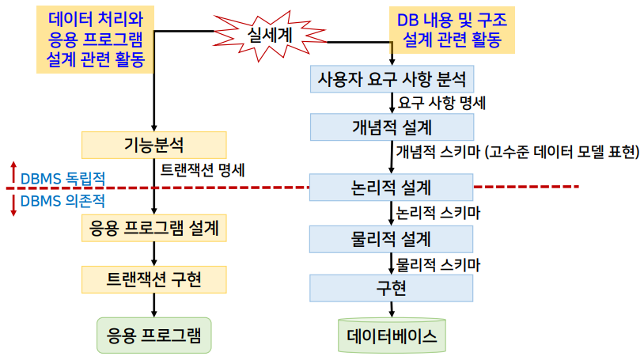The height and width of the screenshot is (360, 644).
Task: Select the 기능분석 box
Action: pyautogui.click(x=154, y=145)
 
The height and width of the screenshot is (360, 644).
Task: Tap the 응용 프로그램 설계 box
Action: pyautogui.click(x=154, y=228)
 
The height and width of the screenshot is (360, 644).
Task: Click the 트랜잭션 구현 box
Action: pyautogui.click(x=154, y=279)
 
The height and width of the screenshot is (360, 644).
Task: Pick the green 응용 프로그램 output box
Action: pyautogui.click(x=153, y=335)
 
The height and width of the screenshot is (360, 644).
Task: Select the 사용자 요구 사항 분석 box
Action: pyautogui.click(x=392, y=79)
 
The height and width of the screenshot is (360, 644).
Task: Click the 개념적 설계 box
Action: pyautogui.click(x=392, y=127)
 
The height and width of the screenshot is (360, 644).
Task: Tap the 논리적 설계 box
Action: pyautogui.click(x=392, y=188)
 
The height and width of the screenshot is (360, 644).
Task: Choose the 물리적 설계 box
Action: pyautogui.click(x=392, y=238)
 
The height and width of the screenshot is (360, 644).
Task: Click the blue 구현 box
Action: pyautogui.click(x=392, y=288)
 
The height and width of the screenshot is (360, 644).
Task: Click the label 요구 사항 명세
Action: pyautogui.click(x=442, y=103)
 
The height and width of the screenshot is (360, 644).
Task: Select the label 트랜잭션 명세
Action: pyautogui.click(x=203, y=169)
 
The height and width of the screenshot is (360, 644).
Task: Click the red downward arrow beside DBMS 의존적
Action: pyautogui.click(x=13, y=204)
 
